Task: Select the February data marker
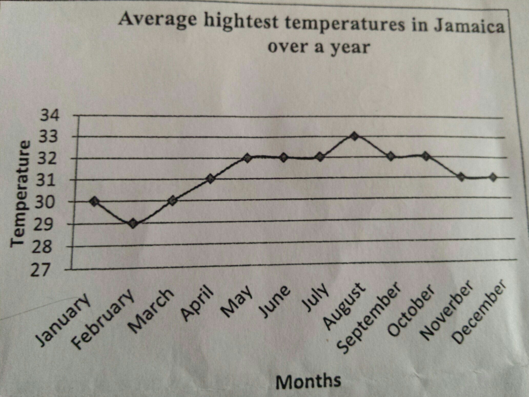click(x=133, y=224)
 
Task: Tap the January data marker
click(x=95, y=202)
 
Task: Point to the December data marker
click(x=493, y=177)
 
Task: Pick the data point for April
click(x=210, y=179)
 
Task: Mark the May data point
click(x=247, y=158)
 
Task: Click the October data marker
click(x=426, y=156)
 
